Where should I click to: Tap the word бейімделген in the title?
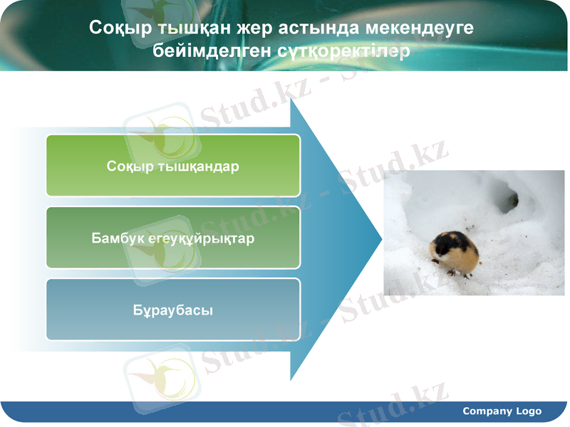coord(200,51)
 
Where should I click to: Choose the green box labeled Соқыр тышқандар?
coord(173,165)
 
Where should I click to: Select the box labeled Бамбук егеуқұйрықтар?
coord(173,238)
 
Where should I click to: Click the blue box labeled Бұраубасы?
coord(173,310)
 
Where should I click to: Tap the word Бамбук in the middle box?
coord(115,238)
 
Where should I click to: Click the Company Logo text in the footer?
coord(502,411)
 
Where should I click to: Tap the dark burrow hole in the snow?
coord(507,199)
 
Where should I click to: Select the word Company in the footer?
coord(487,411)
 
